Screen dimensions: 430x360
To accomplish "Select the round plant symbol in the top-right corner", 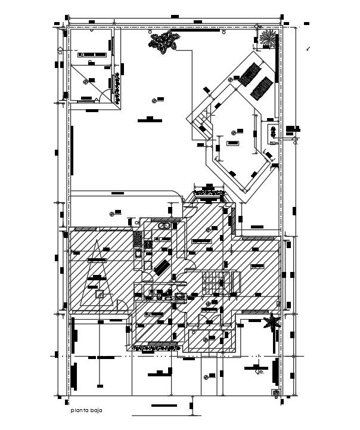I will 268,39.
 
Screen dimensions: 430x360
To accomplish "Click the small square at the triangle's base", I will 101,293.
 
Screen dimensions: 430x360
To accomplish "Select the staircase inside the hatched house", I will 211,281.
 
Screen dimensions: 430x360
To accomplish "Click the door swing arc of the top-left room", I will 104,95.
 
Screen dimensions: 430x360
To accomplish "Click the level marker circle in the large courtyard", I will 154,100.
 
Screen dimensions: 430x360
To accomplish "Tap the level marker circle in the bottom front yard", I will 205,376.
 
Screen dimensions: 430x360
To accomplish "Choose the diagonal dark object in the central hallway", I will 161,268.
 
